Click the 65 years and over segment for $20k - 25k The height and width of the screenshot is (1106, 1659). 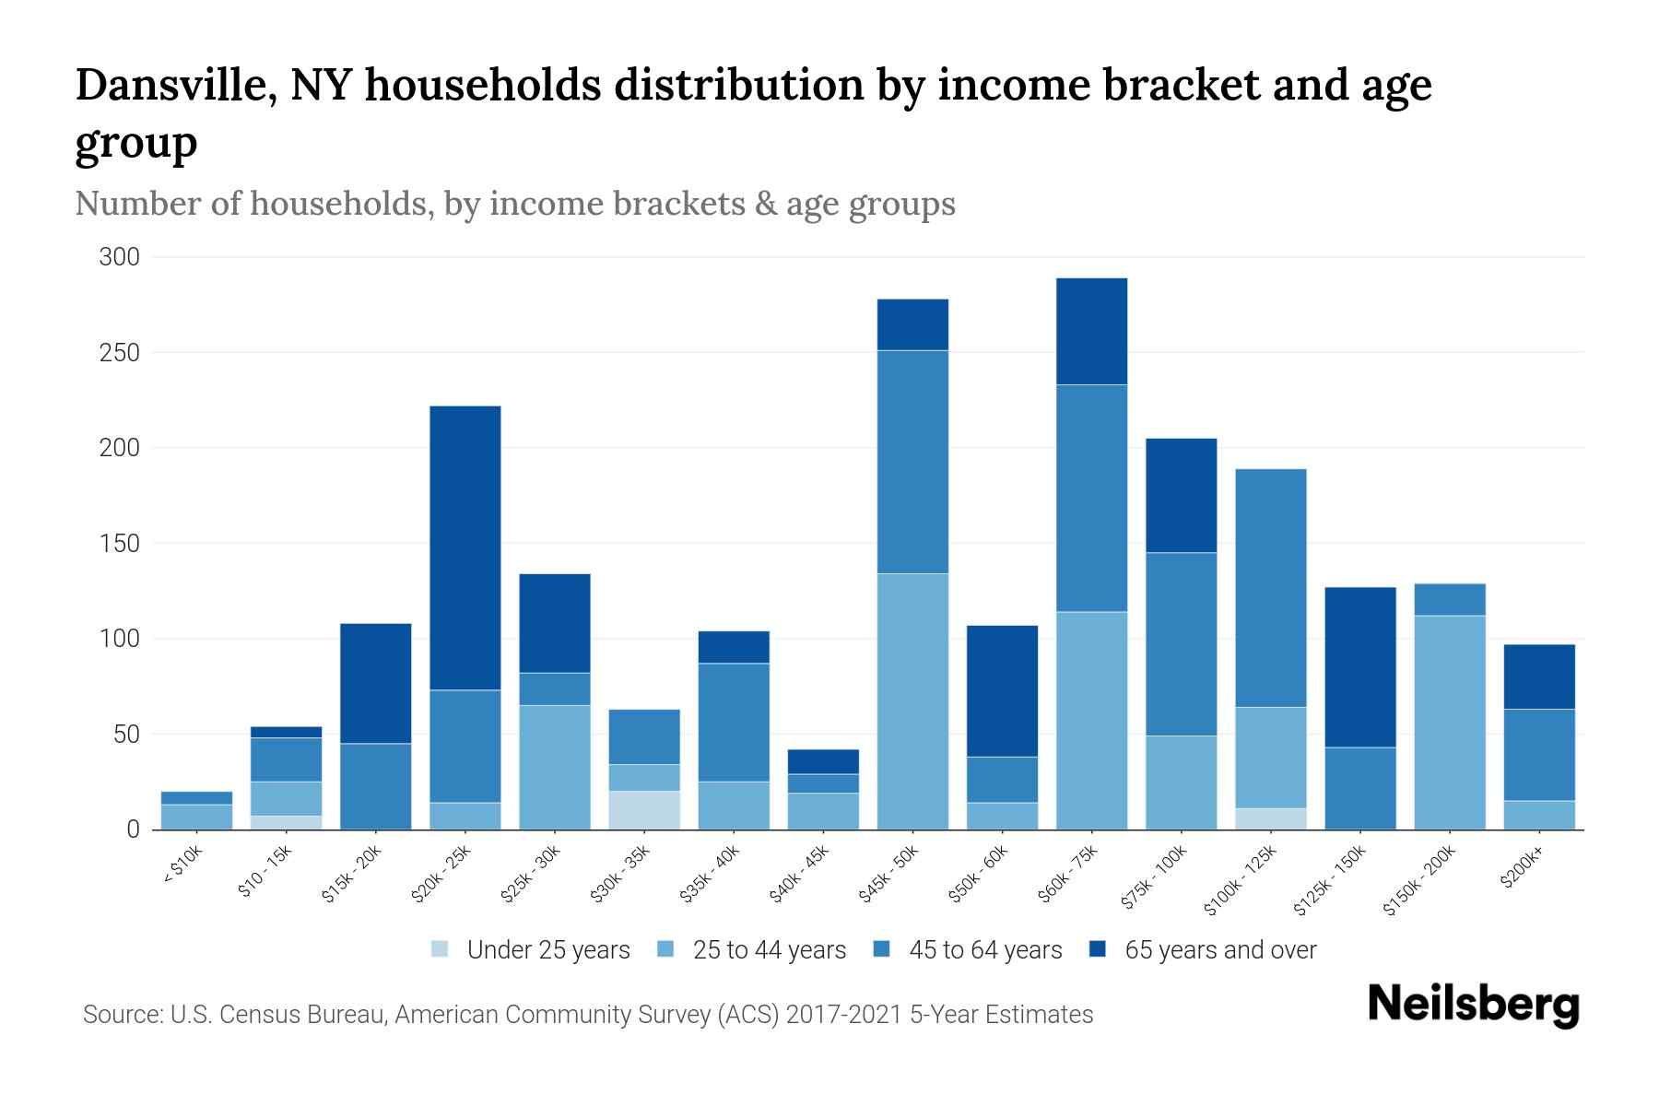point(465,547)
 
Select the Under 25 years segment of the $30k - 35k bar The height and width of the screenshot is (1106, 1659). point(644,810)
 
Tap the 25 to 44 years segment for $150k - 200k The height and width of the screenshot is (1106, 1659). point(1450,722)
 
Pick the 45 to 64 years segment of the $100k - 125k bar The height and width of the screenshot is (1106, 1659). point(1271,588)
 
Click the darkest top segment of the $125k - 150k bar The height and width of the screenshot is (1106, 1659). point(1360,666)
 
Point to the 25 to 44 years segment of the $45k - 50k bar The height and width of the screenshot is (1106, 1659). point(912,700)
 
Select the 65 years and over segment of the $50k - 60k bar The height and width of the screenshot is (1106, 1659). point(1002,690)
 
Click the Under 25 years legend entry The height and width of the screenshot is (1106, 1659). point(531,949)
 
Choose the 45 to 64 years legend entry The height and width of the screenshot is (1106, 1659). point(968,949)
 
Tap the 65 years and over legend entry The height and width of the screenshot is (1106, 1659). point(1203,949)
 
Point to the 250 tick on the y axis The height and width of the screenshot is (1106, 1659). point(119,353)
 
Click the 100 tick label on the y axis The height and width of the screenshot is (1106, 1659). point(119,639)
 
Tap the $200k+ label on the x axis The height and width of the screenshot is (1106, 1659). point(1522,869)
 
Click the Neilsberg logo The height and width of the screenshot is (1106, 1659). point(1473,1005)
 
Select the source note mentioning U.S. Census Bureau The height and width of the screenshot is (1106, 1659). point(587,1015)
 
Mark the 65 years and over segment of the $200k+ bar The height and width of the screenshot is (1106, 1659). point(1539,676)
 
